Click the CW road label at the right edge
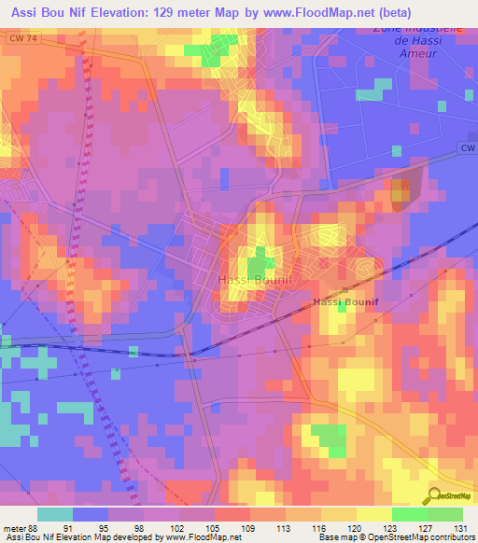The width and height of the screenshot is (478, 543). pos(467,148)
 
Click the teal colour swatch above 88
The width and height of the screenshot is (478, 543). pos(55,514)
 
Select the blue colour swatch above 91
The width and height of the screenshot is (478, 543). pos(91,514)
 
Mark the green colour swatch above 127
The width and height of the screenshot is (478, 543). pos(410,514)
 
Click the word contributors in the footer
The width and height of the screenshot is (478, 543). pos(453,538)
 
